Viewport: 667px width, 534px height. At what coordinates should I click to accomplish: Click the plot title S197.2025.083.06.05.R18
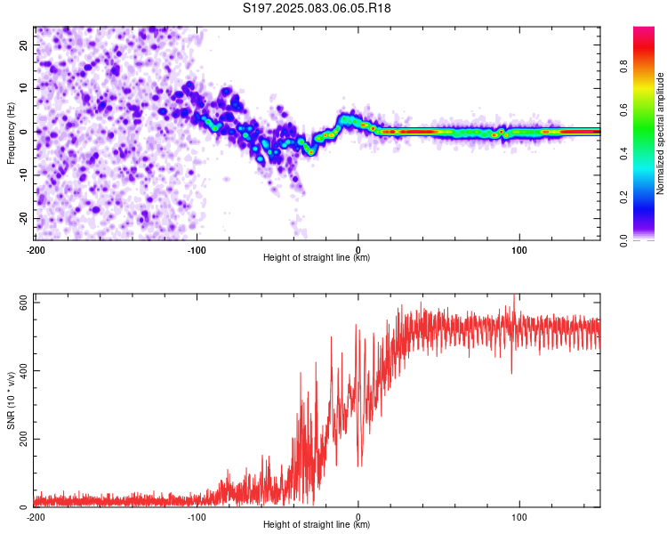tap(317, 8)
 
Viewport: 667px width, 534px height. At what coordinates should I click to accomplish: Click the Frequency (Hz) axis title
tap(11, 133)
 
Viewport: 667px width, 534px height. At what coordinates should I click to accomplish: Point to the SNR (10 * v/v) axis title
tap(11, 400)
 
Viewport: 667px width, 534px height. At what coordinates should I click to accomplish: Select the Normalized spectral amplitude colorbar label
tap(660, 133)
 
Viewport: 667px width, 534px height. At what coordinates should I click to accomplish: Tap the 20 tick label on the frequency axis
tap(23, 44)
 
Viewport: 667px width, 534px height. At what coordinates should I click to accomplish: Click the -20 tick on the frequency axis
tap(23, 218)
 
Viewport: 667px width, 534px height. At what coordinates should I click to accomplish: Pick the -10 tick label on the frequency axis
tap(23, 175)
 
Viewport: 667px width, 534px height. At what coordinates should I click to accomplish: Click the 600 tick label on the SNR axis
tap(23, 303)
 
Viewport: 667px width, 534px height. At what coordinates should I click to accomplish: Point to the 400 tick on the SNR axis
tap(23, 370)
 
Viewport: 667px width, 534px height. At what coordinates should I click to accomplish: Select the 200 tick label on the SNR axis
tap(23, 439)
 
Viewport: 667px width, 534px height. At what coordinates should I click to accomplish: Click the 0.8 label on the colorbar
tap(623, 66)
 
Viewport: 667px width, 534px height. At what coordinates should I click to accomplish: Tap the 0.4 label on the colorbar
tap(623, 153)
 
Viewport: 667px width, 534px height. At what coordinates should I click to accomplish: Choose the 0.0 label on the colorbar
tap(623, 240)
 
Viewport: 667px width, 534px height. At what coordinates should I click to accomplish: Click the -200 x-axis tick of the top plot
tap(36, 250)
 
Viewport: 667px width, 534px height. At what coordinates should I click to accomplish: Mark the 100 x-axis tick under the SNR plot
tap(519, 517)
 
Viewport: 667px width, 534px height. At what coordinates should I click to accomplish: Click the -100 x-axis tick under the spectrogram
tap(197, 250)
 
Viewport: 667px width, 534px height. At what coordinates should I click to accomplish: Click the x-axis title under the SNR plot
tap(317, 524)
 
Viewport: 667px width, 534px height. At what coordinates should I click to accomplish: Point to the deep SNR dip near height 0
tap(360, 465)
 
